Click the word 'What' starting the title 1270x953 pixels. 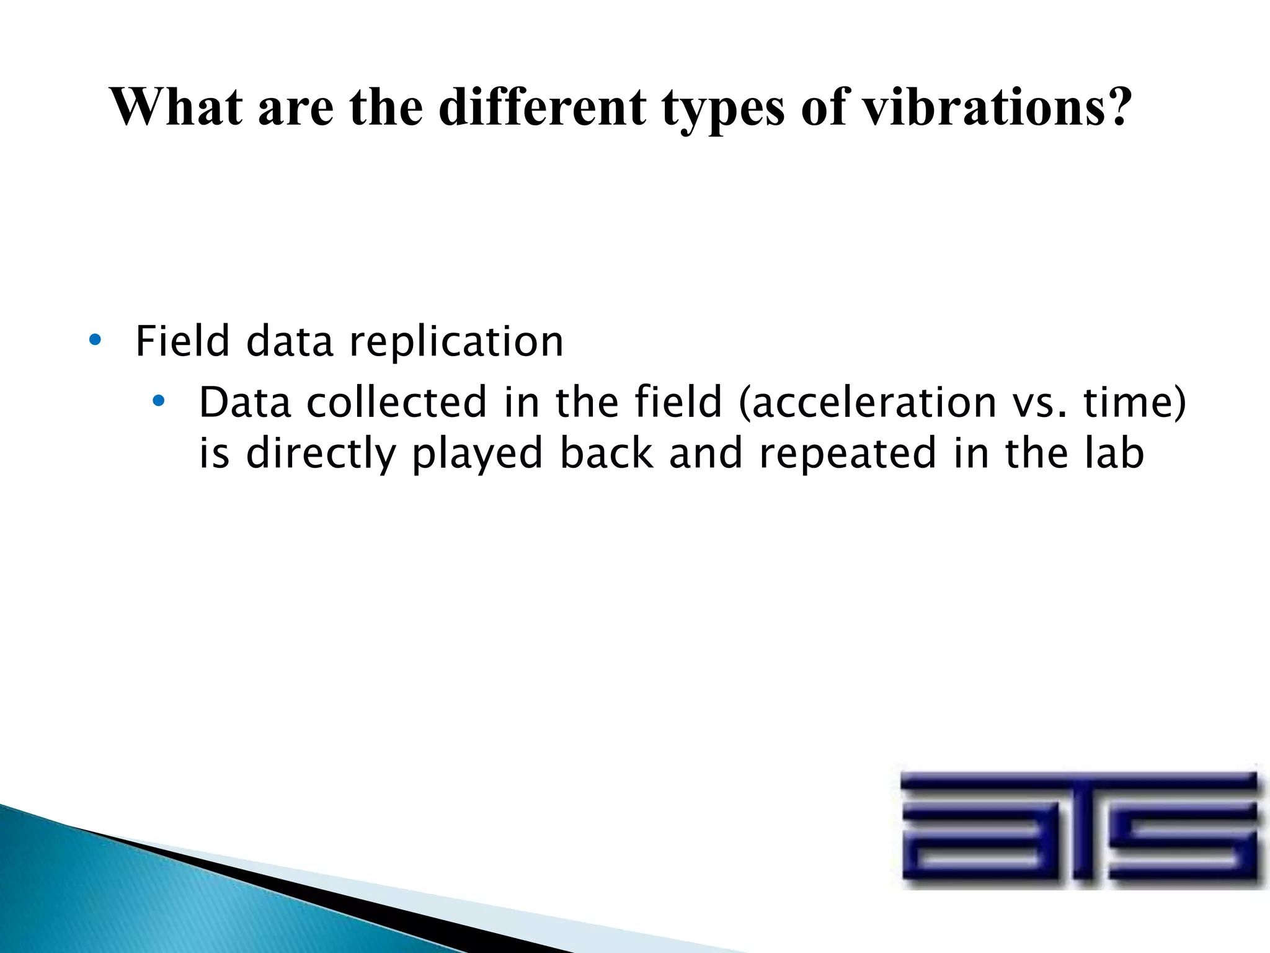pos(176,107)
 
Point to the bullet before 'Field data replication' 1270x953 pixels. pos(94,340)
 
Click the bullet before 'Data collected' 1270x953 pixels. pos(159,401)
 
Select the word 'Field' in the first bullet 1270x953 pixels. pos(182,341)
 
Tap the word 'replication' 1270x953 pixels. pos(456,342)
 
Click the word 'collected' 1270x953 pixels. pos(397,402)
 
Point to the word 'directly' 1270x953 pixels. pos(321,454)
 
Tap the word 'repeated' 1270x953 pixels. pos(848,454)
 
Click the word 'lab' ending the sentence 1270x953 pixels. pos(1114,453)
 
